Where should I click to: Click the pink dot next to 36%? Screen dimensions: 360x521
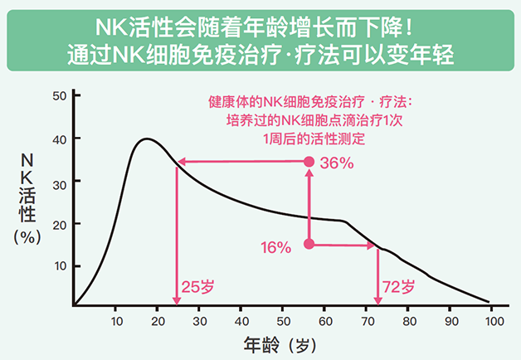[x=309, y=162]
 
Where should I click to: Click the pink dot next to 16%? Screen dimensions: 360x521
[x=309, y=244]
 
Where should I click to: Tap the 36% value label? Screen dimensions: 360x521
[x=337, y=163]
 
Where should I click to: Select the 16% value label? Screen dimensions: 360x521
[x=275, y=247]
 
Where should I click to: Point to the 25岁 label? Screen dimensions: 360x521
[x=197, y=288]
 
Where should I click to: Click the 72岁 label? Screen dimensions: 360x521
[x=397, y=288]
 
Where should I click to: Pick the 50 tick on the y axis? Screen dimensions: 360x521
[x=59, y=96]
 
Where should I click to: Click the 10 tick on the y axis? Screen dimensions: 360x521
[x=59, y=265]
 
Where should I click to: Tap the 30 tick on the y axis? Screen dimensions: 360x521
[x=59, y=181]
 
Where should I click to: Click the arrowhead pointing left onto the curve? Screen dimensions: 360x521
[x=179, y=162]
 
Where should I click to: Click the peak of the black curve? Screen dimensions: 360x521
[x=146, y=139]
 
